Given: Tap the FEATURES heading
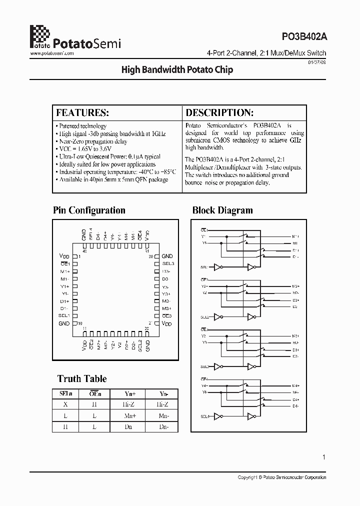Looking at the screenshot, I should pos(82,112).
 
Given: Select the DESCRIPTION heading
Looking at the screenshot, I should pos(219,112).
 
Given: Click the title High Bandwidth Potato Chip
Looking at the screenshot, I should pos(177,70).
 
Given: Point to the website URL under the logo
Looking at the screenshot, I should pos(52,53).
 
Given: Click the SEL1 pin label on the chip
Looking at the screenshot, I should pos(63,315).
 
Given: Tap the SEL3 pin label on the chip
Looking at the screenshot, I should pos(168,263).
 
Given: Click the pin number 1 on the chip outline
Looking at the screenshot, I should pos(150,323).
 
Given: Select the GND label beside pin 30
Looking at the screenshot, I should pos(167,256).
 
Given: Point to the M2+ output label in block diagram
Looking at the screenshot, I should pos(295,286).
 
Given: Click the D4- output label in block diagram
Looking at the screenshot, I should pos(295,406).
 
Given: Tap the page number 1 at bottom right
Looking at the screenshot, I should pos(324,457).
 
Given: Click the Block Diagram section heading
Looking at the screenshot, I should pos(222,210).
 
